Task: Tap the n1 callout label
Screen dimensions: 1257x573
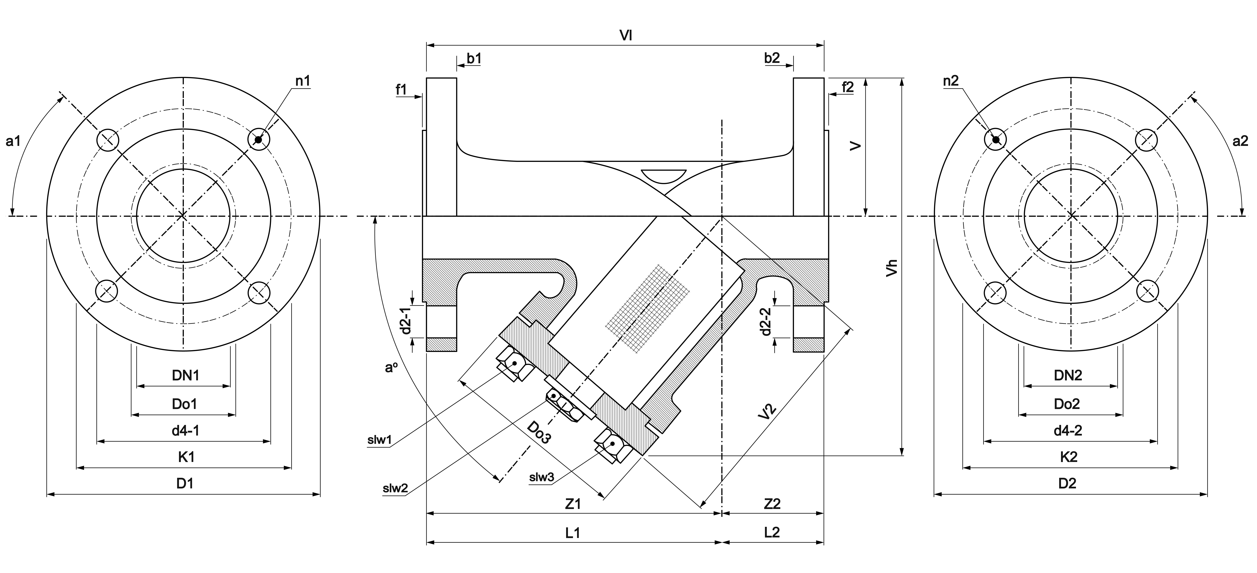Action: (x=302, y=81)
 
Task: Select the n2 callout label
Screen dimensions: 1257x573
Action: (x=951, y=81)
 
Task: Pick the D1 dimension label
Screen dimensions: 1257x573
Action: (x=185, y=484)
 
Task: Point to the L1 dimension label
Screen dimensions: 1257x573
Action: (x=573, y=532)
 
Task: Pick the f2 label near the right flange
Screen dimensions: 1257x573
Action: (x=848, y=87)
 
